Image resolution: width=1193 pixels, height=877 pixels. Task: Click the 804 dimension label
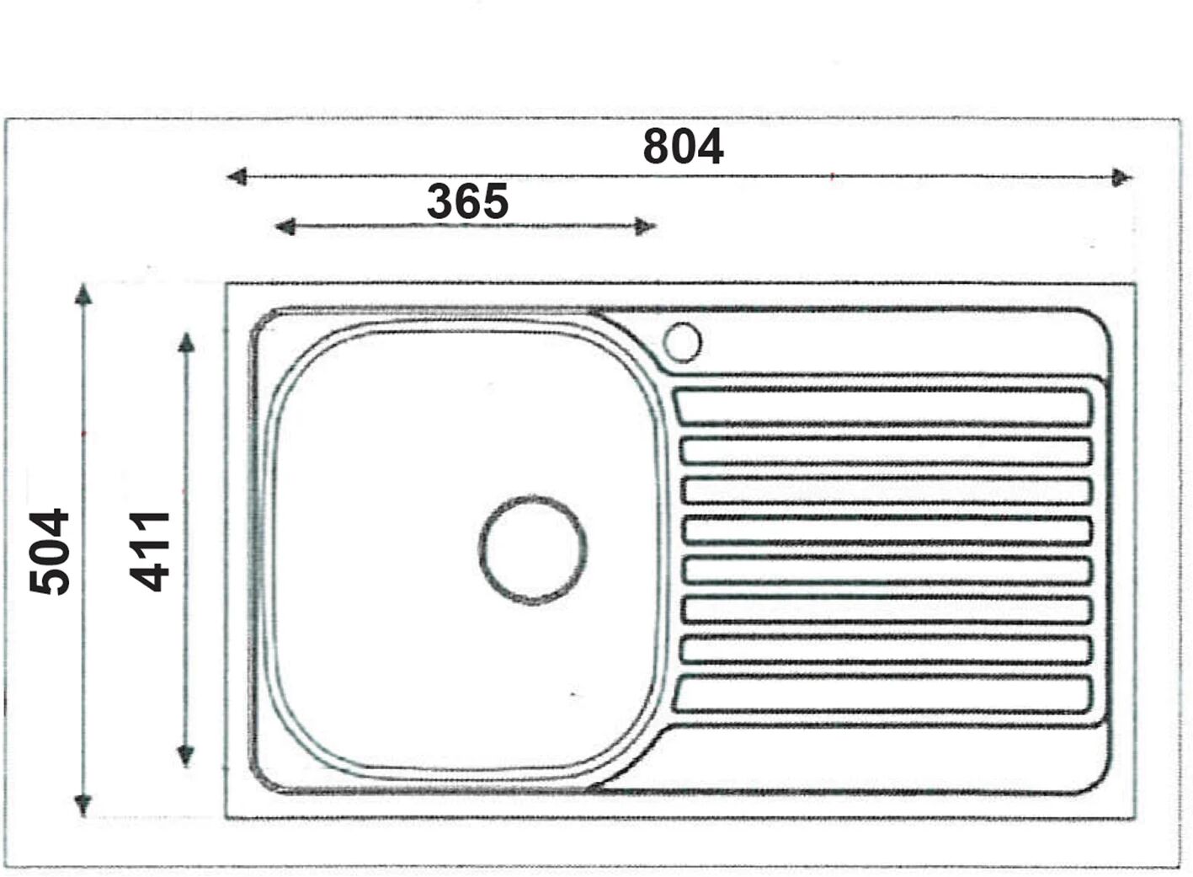click(684, 147)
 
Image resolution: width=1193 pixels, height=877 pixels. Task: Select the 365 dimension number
click(467, 201)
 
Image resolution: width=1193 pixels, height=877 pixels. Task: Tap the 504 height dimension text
click(49, 552)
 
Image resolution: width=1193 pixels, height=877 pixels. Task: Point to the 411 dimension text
click(150, 552)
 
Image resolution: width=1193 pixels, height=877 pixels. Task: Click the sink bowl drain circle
click(533, 549)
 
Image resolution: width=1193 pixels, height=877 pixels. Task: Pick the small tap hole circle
click(683, 343)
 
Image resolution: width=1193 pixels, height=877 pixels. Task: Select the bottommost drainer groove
click(882, 695)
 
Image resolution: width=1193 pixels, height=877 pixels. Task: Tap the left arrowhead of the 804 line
click(237, 177)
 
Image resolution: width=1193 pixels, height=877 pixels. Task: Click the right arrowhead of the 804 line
click(1121, 178)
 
